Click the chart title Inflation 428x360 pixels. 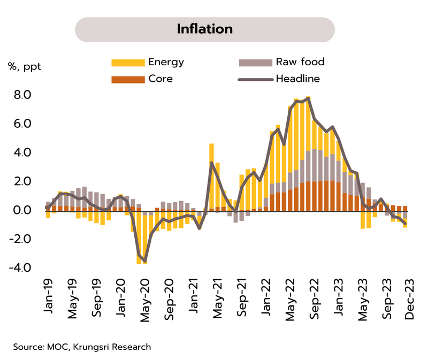pyautogui.click(x=205, y=29)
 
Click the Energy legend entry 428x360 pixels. pyautogui.click(x=166, y=62)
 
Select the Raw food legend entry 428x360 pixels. pyautogui.click(x=300, y=62)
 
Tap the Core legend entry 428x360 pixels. pyautogui.click(x=160, y=79)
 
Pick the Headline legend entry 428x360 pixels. pyautogui.click(x=297, y=79)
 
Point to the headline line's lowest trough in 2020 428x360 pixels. pyautogui.click(x=145, y=261)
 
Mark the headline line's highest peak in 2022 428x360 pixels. pyautogui.click(x=308, y=98)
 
